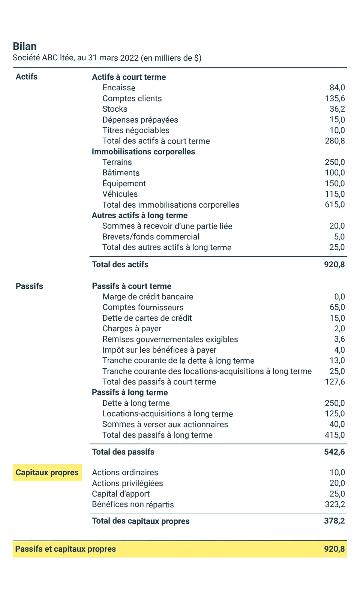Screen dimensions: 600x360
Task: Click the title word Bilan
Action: click(x=25, y=46)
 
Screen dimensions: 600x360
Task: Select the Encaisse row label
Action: click(x=119, y=88)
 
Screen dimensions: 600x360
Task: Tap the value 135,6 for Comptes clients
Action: click(x=334, y=99)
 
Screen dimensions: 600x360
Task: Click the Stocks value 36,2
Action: click(x=337, y=109)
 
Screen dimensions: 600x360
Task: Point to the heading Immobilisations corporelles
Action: click(x=143, y=152)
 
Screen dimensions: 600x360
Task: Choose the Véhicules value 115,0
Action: click(x=334, y=194)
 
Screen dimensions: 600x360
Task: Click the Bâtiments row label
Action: click(x=121, y=173)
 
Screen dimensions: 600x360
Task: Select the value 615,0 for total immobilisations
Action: click(x=334, y=205)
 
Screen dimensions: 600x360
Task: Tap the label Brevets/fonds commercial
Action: click(x=151, y=237)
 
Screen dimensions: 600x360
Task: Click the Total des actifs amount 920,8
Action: click(x=334, y=265)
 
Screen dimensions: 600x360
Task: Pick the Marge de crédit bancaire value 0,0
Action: click(x=339, y=297)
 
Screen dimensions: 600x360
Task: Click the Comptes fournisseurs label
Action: click(x=143, y=308)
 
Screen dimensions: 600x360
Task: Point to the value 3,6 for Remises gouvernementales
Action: click(x=339, y=339)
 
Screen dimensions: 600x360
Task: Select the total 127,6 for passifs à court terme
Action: click(x=334, y=382)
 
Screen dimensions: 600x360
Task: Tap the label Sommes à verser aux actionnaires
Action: click(x=165, y=425)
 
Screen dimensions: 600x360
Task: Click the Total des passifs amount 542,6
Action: click(x=334, y=452)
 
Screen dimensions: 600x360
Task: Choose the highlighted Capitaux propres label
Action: click(x=47, y=473)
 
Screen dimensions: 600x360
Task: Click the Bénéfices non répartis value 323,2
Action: click(x=334, y=504)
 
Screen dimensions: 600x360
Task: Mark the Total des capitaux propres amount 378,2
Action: click(x=334, y=521)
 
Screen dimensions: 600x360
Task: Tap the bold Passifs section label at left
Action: click(x=29, y=286)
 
